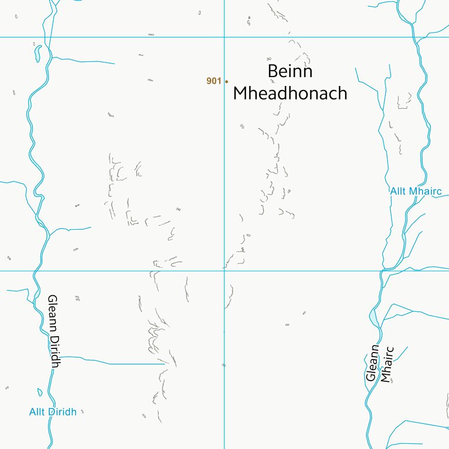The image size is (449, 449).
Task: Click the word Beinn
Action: coord(290,71)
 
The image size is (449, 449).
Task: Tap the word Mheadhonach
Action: coord(290,93)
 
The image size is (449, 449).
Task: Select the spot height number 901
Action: coord(213,81)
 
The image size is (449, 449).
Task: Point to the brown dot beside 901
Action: coord(226,81)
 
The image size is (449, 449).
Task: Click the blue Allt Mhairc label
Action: coord(416,191)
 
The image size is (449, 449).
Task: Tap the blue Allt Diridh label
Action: coord(53,412)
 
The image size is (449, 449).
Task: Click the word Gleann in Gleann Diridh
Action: coord(51,313)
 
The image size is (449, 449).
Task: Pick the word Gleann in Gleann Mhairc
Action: coord(372,362)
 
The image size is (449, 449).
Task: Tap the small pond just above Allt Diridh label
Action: coord(40,392)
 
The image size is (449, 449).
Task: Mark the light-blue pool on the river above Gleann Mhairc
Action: coord(373,318)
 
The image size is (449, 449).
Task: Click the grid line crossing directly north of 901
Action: coord(224,37)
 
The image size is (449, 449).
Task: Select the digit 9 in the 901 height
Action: coord(209,81)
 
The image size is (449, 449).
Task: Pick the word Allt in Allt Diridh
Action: coord(36,412)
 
